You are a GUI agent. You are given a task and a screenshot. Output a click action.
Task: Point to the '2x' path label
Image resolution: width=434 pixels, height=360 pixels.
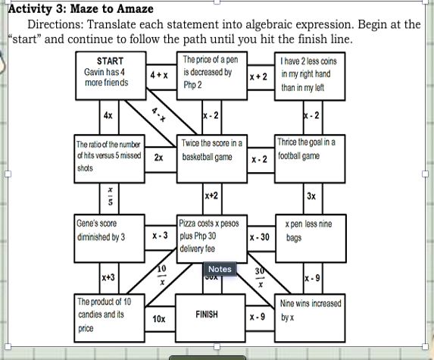click(158, 158)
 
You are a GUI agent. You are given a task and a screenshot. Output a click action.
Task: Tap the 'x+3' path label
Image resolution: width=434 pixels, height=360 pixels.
click(108, 278)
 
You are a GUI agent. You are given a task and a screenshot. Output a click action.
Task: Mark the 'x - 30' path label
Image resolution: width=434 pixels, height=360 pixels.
click(260, 237)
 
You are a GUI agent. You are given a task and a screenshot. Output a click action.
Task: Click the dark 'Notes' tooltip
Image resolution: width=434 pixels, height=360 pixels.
click(220, 269)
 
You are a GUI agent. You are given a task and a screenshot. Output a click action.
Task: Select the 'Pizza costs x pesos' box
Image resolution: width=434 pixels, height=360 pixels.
click(210, 236)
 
